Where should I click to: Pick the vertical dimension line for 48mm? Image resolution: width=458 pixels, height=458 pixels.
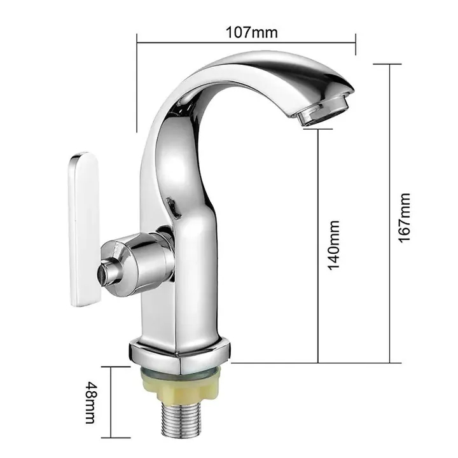[x=108, y=403]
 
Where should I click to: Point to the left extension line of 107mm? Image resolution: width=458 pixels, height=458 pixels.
[x=137, y=83]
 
